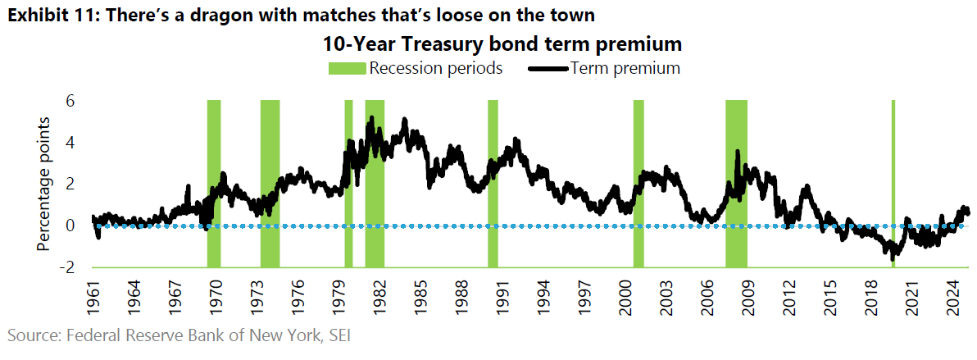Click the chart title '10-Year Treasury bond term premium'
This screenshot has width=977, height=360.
click(x=502, y=43)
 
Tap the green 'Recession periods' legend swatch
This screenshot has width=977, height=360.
click(x=348, y=68)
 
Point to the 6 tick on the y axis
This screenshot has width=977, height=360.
click(x=70, y=101)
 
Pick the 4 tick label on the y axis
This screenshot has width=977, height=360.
click(x=70, y=143)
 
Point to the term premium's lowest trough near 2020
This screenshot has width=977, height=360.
click(x=893, y=258)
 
